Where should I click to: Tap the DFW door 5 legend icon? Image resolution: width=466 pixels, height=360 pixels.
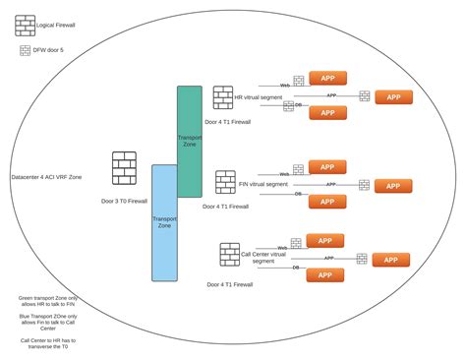coord(25,49)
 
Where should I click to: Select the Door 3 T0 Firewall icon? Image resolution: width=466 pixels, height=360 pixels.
coord(124,168)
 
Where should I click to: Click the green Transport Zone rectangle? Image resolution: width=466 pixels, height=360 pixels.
coord(189,141)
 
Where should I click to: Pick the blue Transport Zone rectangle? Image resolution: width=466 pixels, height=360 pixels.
coord(164,222)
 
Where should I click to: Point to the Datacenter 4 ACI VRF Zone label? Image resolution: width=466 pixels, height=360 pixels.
coord(46,177)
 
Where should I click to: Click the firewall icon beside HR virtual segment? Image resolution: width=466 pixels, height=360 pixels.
coord(223,98)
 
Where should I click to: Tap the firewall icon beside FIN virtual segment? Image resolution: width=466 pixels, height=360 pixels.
coord(225,183)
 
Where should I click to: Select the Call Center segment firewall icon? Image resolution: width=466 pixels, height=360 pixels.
coord(230,255)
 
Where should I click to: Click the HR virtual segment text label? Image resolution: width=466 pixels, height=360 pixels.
coord(261,98)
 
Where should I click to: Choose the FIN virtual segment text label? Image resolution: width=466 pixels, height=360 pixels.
coord(263,184)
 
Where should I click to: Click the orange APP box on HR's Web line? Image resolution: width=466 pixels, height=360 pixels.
coord(327,78)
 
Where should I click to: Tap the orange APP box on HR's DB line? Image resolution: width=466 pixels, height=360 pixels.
coord(327,112)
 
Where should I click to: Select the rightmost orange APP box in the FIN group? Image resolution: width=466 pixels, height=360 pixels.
coord(392,185)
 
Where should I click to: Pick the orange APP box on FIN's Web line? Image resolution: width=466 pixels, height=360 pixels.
coord(327,167)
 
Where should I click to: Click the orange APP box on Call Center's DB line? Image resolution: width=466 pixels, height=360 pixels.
coord(324,275)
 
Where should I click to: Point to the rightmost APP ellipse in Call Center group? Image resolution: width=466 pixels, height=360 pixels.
coord(390,260)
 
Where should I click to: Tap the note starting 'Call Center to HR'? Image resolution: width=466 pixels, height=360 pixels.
coord(46,342)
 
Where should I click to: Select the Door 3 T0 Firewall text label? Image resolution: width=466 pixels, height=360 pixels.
coord(124,201)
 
